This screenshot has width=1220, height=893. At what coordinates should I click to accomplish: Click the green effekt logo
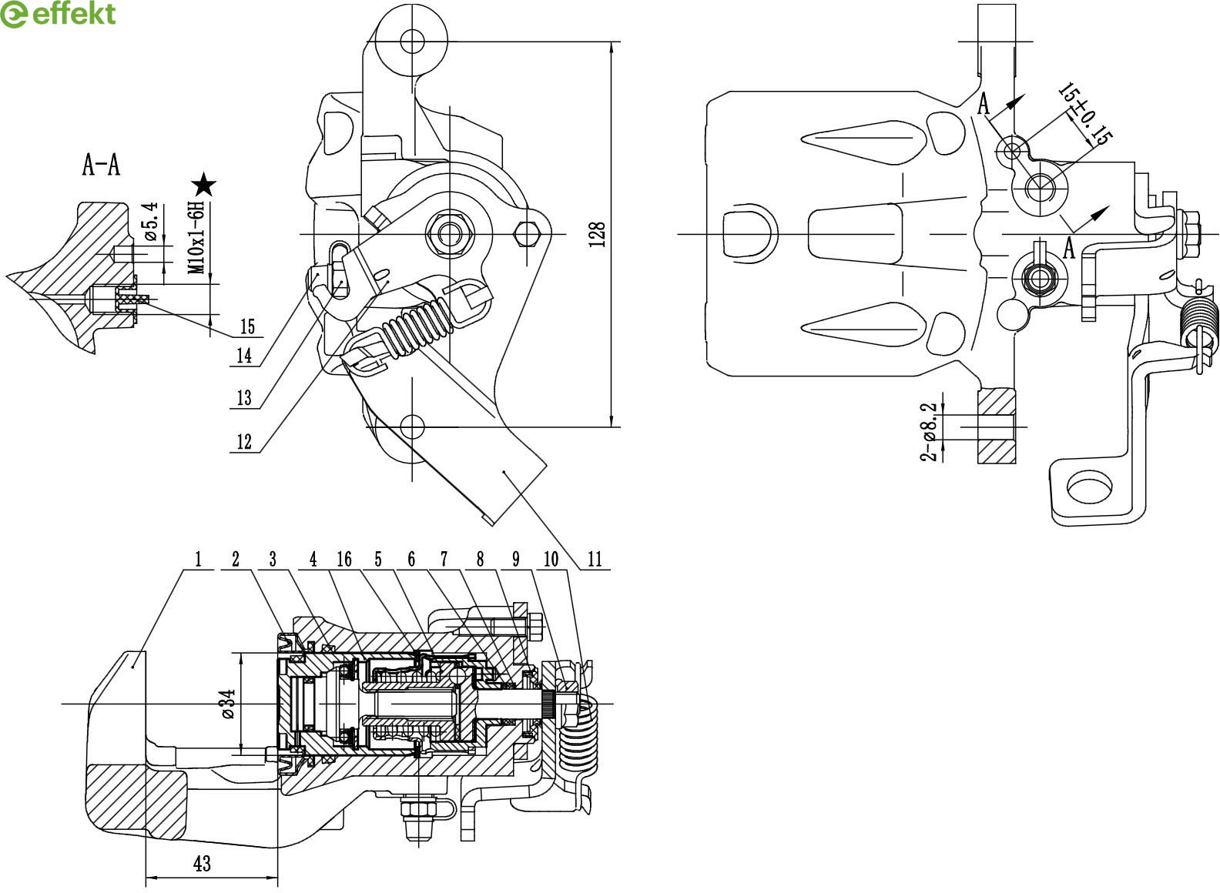pos(58,14)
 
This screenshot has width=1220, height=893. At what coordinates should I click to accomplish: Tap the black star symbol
pos(204,185)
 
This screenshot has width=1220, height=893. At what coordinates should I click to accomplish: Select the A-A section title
pos(101,165)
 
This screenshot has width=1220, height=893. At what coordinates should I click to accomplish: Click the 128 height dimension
pos(597,234)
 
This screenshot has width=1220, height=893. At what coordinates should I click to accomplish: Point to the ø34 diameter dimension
pos(228,704)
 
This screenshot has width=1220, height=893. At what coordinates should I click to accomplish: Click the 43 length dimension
pos(202,864)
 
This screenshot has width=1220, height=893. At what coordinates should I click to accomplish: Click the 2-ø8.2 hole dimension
pos(928,432)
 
